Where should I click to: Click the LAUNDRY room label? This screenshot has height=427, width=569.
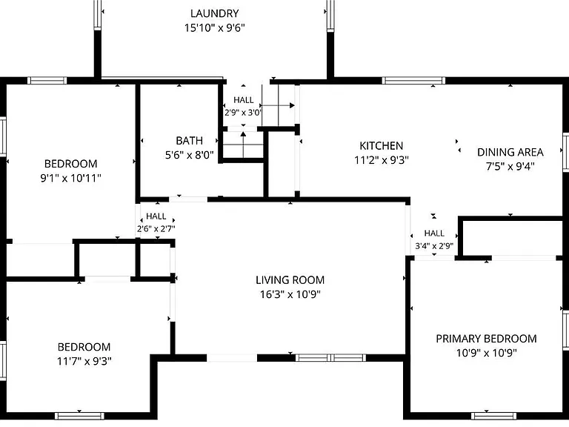click(x=214, y=13)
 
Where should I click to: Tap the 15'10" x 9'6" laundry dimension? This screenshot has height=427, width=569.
click(x=214, y=28)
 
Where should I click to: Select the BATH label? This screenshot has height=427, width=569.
click(x=189, y=141)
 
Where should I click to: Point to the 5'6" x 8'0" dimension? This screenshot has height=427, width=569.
click(x=189, y=155)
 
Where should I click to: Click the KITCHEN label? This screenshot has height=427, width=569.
click(x=381, y=145)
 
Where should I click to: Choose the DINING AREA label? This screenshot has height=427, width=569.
click(x=510, y=152)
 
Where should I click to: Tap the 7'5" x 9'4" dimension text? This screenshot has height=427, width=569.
click(x=510, y=166)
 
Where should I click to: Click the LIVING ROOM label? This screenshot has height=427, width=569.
click(x=290, y=280)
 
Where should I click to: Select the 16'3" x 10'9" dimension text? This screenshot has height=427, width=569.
click(x=290, y=294)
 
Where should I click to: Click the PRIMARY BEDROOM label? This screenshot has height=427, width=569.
click(x=486, y=338)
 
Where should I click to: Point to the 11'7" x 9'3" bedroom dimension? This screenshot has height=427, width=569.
click(x=84, y=361)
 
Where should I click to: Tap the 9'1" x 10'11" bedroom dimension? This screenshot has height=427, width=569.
click(x=70, y=178)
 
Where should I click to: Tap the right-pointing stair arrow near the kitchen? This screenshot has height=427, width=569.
click(x=278, y=106)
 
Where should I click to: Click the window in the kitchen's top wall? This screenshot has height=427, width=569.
click(x=413, y=80)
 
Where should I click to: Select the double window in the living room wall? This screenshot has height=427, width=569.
click(x=330, y=357)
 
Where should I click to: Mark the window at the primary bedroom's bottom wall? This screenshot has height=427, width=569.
click(x=493, y=416)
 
